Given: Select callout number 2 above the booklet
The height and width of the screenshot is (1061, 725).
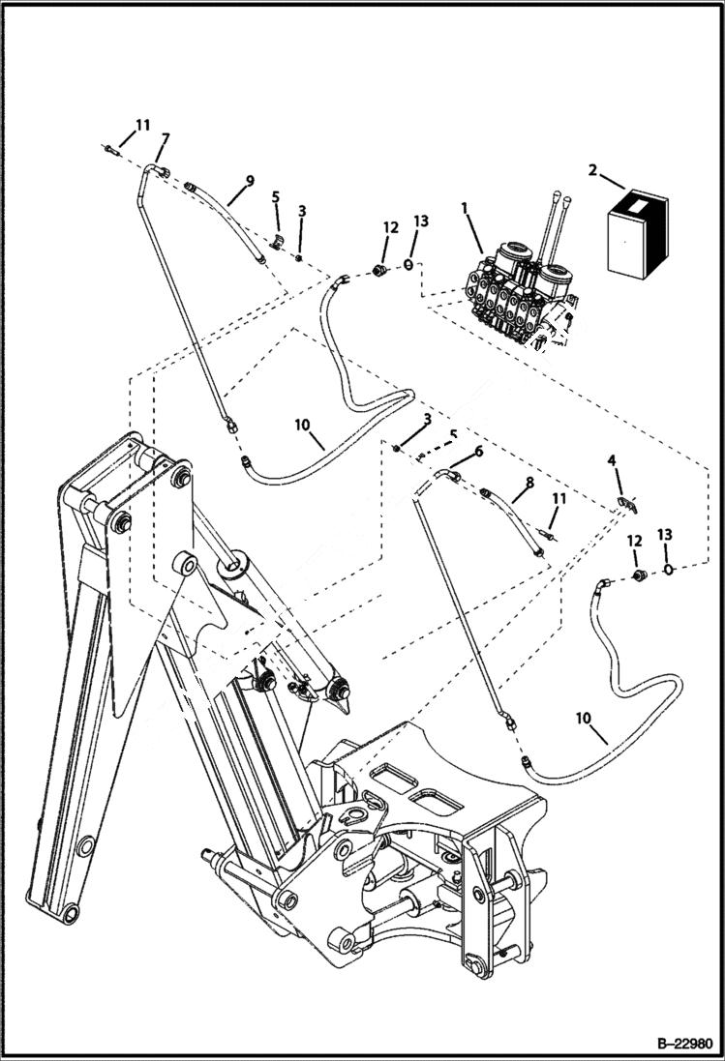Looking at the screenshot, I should (x=591, y=171).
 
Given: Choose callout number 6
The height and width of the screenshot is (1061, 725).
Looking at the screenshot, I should (x=478, y=451).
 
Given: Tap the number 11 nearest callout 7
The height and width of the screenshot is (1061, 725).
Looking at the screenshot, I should (x=142, y=125).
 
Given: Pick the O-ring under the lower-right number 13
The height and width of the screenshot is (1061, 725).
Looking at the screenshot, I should (x=669, y=570).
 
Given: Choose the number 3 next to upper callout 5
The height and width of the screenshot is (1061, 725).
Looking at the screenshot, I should (x=302, y=211).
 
